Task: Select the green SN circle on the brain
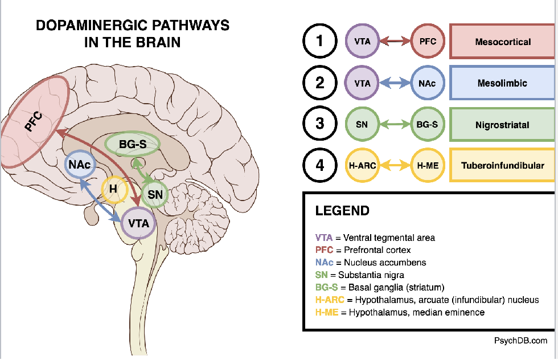click(155, 194)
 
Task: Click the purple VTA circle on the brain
click(139, 223)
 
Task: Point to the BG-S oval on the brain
click(133, 145)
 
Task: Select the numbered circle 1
click(320, 42)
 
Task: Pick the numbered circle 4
click(320, 166)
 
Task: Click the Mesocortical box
click(502, 42)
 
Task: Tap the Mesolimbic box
click(502, 83)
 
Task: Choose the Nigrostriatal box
click(502, 124)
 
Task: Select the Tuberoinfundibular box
click(502, 166)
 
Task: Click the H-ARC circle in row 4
click(362, 166)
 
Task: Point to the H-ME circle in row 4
click(427, 166)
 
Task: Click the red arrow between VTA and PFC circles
click(395, 42)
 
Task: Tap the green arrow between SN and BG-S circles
click(395, 124)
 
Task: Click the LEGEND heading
click(342, 211)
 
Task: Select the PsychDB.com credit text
click(520, 341)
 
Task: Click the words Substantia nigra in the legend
click(372, 275)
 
